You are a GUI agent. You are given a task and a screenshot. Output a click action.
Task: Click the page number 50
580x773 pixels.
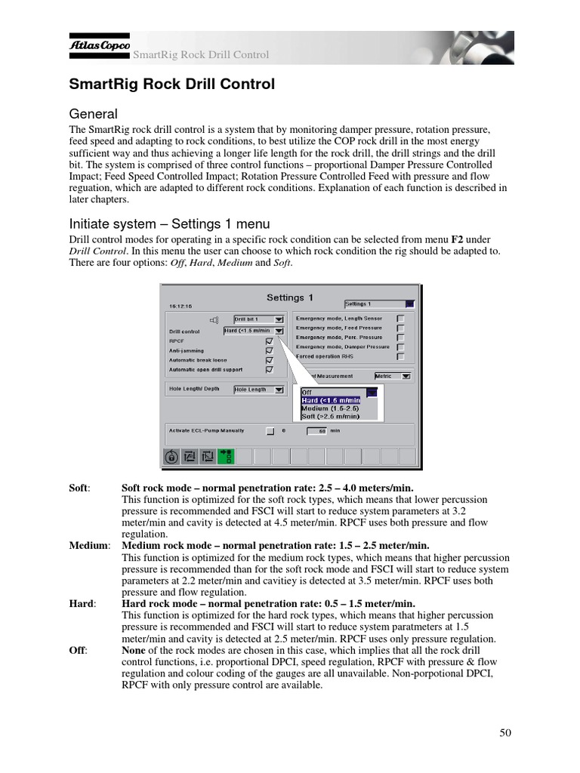click(x=506, y=732)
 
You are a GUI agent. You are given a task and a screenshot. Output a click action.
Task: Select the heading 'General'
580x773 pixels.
click(x=93, y=114)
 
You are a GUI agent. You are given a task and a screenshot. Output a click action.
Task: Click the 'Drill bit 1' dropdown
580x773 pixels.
click(x=258, y=319)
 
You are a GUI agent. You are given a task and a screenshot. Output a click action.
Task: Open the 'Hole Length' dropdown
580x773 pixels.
click(x=258, y=390)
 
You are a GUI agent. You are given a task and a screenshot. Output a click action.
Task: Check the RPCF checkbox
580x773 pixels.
click(x=270, y=340)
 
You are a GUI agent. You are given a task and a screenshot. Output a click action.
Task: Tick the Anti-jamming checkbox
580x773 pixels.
click(x=270, y=350)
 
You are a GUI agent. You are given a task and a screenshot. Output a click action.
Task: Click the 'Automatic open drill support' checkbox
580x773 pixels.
click(x=270, y=370)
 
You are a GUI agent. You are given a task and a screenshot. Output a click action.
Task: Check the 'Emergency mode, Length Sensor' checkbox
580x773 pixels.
click(x=400, y=319)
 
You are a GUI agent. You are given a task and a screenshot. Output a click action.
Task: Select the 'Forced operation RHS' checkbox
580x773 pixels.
click(x=400, y=356)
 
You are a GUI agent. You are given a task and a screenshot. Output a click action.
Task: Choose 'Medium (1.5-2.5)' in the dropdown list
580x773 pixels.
click(x=330, y=408)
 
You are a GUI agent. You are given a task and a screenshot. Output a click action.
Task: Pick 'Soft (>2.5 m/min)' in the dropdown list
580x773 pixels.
click(x=330, y=416)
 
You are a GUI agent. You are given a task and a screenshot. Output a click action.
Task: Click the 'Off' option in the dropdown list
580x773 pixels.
click(x=307, y=393)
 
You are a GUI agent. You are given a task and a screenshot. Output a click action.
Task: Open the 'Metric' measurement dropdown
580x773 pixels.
click(x=392, y=375)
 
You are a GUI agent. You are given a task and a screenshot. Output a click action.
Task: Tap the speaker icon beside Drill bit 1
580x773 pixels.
click(x=214, y=320)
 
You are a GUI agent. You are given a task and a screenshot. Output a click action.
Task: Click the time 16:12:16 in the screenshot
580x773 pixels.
click(x=180, y=306)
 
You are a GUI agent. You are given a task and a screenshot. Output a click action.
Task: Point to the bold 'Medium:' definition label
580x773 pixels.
click(x=89, y=545)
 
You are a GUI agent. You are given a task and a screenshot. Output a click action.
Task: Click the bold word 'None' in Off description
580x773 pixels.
click(x=134, y=650)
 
